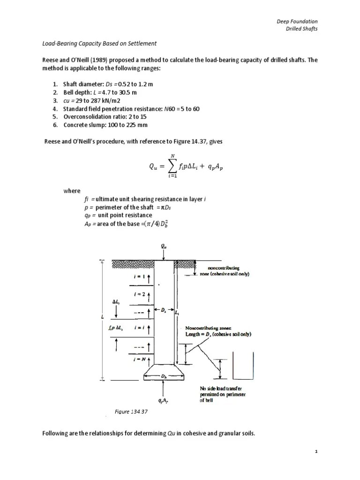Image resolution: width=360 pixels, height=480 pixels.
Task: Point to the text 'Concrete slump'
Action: (x=86, y=124)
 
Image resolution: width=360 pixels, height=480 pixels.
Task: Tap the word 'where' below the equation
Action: (x=71, y=191)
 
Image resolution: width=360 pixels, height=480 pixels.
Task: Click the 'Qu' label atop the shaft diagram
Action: (x=162, y=245)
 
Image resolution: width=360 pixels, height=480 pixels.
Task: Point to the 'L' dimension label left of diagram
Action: (x=102, y=316)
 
